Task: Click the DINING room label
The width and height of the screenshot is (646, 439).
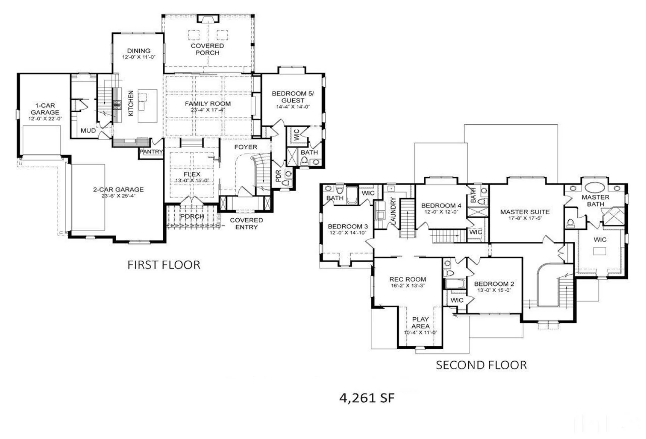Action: pos(139,51)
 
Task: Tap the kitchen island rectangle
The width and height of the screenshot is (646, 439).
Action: pos(148,106)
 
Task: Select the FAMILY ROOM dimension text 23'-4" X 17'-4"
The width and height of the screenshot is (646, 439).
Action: pos(208,110)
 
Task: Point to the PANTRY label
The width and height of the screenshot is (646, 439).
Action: pos(151,152)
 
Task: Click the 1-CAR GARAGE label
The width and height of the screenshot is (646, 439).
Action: pos(45,109)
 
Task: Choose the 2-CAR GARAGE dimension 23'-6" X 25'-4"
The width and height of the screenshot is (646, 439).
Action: pos(119,196)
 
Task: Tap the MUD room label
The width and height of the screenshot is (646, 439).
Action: pos(88,131)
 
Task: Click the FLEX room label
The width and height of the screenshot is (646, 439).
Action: pos(192,174)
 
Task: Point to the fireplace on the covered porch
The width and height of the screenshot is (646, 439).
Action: pos(208,19)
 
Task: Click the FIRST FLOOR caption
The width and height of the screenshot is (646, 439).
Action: pos(164,265)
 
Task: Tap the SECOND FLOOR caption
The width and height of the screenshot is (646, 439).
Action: pos(481,365)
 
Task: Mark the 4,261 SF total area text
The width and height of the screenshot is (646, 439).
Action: pos(367,398)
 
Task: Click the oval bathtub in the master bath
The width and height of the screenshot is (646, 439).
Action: pos(595,187)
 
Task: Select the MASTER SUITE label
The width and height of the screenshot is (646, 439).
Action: pos(524,212)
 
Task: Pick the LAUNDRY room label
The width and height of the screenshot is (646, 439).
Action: pos(393,211)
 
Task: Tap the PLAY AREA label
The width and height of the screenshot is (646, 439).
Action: pos(420,323)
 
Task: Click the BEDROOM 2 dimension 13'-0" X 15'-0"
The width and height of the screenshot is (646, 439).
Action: pos(494,290)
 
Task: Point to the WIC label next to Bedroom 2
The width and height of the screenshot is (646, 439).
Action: pos(457,300)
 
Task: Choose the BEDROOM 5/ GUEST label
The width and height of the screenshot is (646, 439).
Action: pos(293,97)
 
